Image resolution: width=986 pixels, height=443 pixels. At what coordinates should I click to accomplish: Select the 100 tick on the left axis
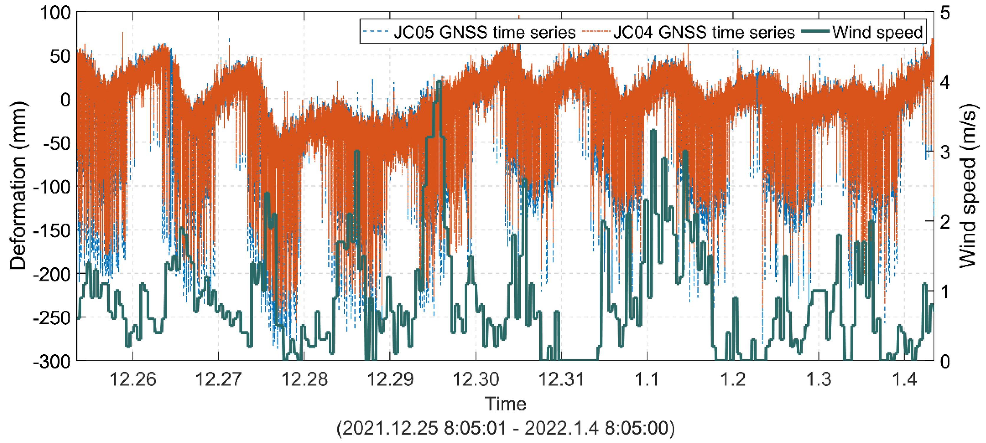[x=55, y=13]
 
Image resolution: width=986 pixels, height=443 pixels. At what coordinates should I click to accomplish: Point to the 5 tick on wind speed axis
[x=945, y=13]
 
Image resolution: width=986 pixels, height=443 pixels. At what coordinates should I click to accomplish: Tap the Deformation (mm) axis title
[x=18, y=186]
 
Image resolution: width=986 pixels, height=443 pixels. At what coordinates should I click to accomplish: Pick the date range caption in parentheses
[x=505, y=428]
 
